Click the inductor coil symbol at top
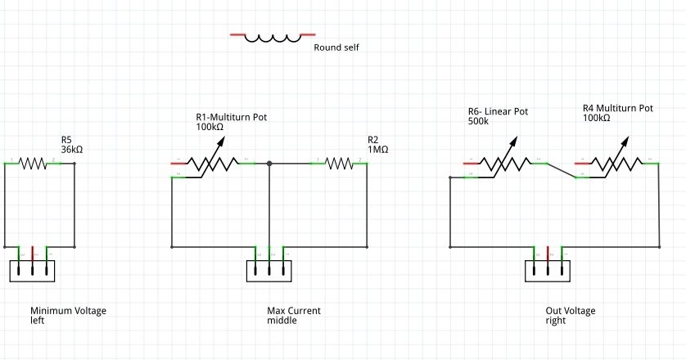273,37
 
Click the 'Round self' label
336,47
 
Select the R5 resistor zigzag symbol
33,164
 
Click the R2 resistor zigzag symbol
339,164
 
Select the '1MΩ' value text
378,150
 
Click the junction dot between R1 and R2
269,164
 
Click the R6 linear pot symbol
506,164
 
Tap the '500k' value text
478,121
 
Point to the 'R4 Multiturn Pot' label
617,107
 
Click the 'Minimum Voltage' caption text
68,311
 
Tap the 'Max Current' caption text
294,311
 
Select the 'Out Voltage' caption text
571,311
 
